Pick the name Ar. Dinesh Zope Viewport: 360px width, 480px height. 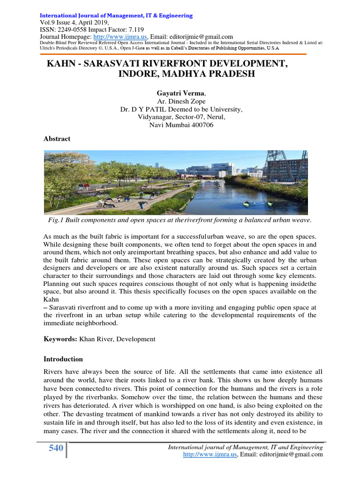pyautogui.click(x=180, y=102)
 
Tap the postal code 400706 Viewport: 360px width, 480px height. pyautogui.click(x=201, y=125)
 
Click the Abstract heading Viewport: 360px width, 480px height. pyautogui.click(x=57, y=139)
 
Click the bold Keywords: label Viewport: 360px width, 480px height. pyautogui.click(x=60, y=338)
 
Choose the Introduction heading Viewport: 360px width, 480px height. pyautogui.click(x=63, y=359)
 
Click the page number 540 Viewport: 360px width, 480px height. pyautogui.click(x=56, y=449)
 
